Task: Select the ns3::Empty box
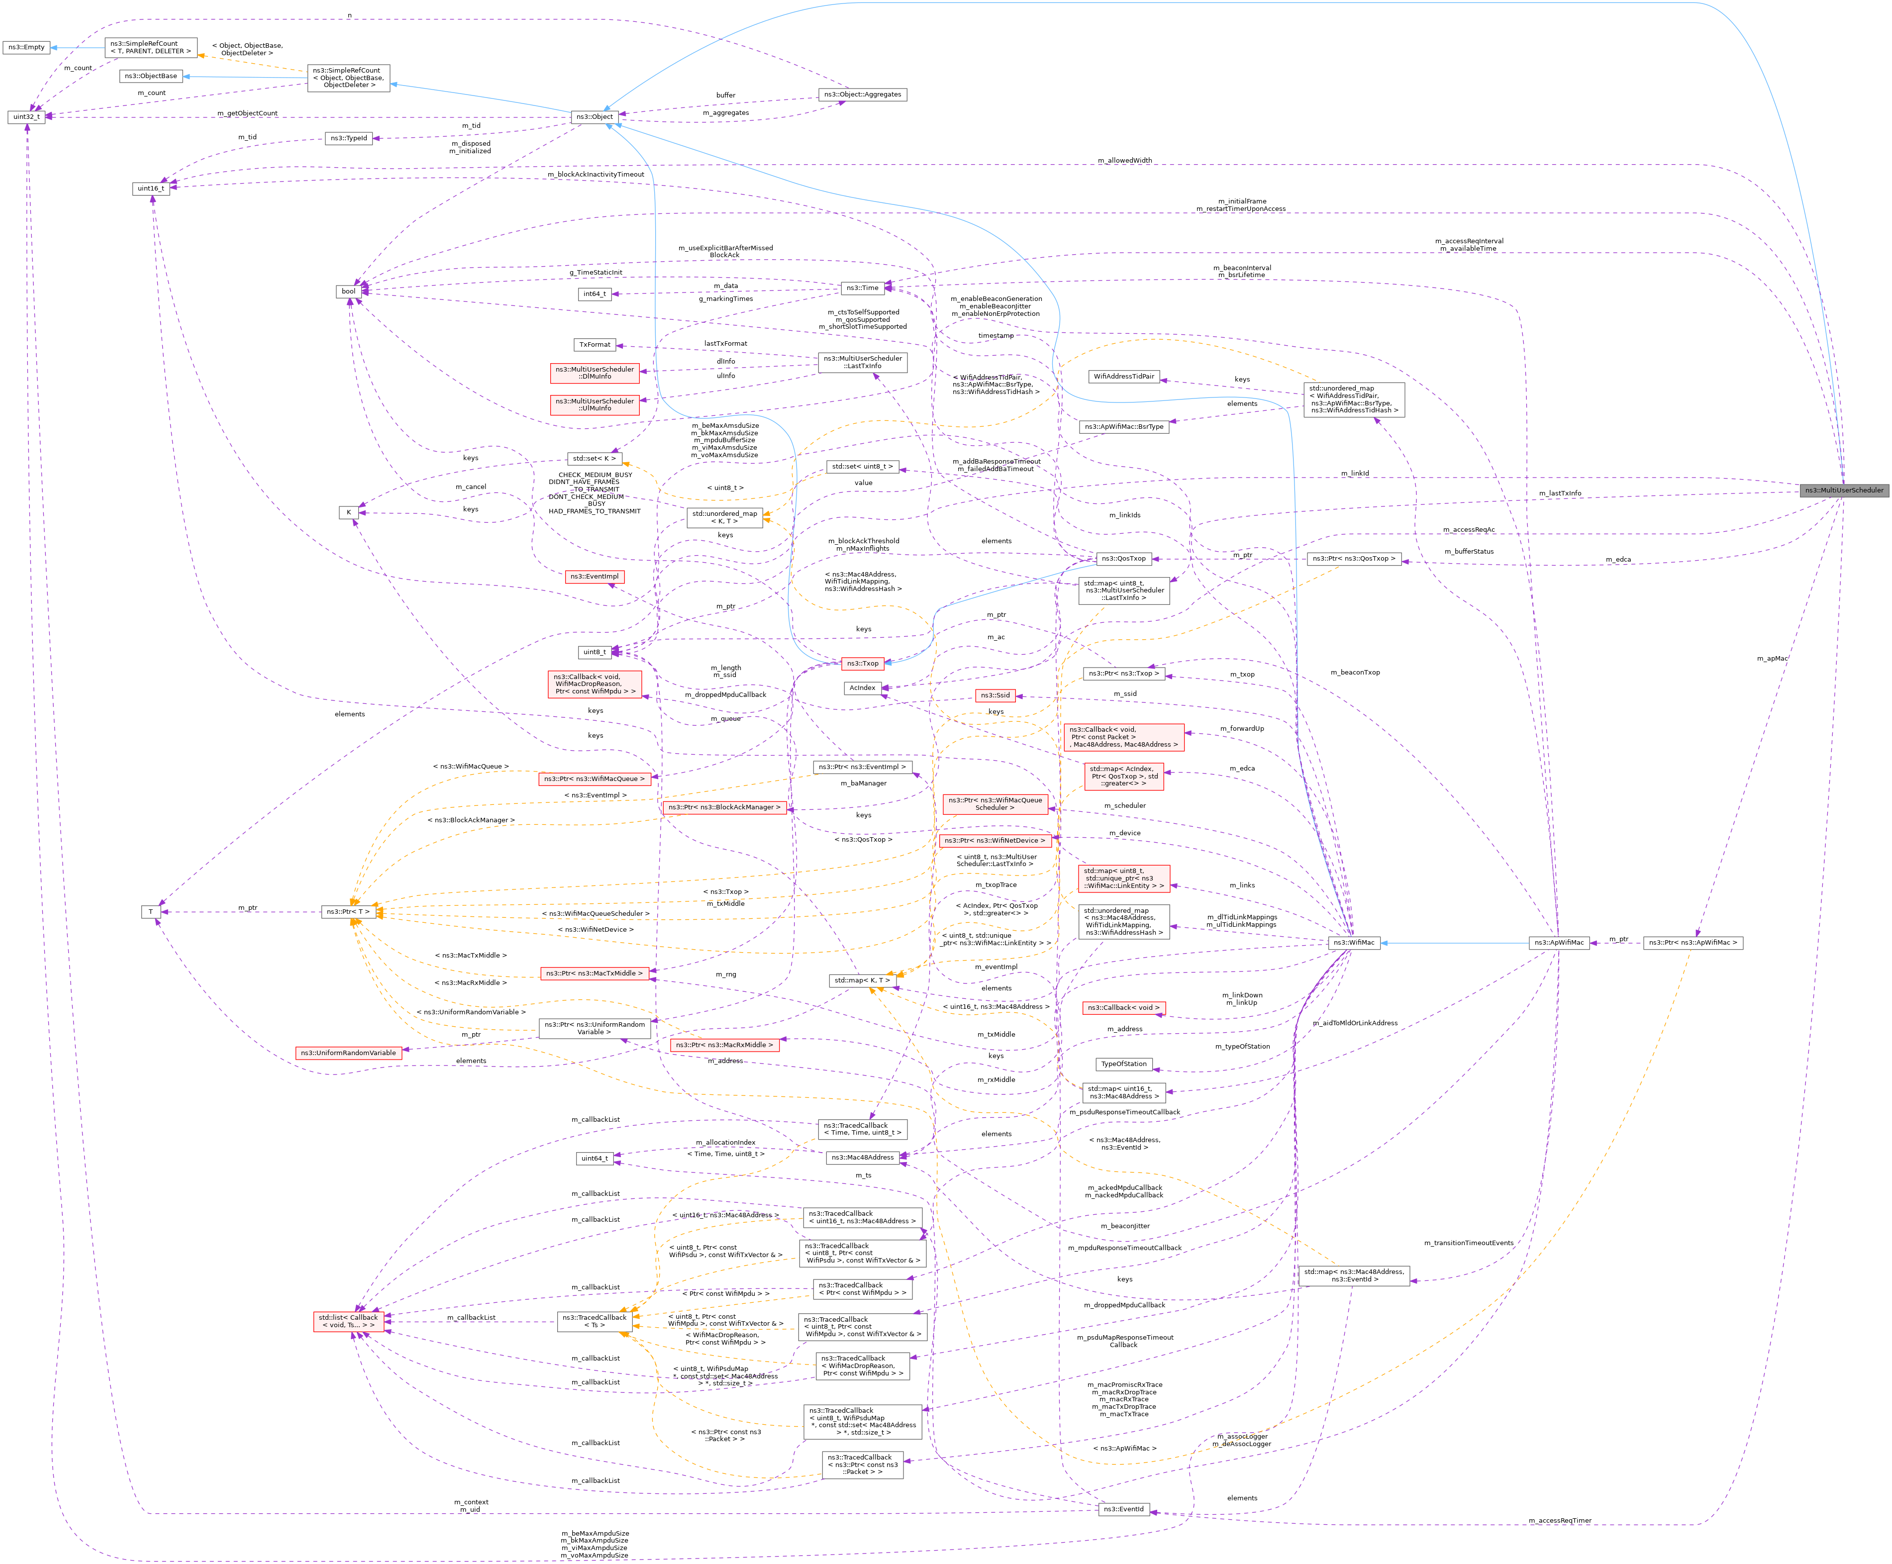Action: click(x=26, y=47)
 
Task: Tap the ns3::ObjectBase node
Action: click(x=150, y=76)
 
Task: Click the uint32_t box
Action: click(x=26, y=117)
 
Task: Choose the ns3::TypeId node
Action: click(x=349, y=138)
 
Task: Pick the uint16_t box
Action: click(x=150, y=189)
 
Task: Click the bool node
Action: click(x=349, y=291)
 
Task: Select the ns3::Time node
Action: click(x=861, y=289)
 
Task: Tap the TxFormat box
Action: click(x=595, y=344)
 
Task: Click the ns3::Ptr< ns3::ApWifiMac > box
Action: click(x=1693, y=942)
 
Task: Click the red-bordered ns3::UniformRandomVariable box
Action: click(x=348, y=1052)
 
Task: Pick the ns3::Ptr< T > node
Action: click(x=348, y=912)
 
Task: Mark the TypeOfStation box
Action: click(x=1123, y=1064)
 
